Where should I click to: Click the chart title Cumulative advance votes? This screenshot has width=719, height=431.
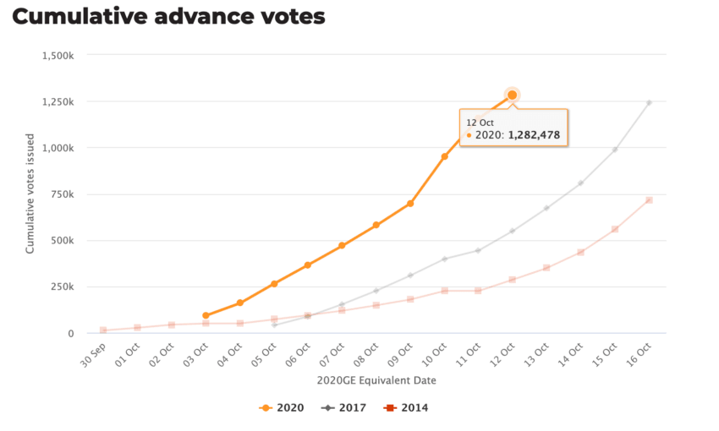coord(168,16)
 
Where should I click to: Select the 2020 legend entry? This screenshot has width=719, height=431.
coord(282,408)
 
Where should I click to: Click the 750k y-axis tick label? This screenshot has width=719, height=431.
coord(63,194)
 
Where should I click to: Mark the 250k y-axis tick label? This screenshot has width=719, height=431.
coord(63,287)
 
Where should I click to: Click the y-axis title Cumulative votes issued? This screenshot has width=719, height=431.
coord(30,194)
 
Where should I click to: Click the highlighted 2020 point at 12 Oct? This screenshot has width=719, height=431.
coord(513,95)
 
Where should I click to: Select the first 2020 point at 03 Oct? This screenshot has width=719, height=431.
coord(206,315)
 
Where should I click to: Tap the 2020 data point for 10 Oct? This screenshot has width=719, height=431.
coord(444,156)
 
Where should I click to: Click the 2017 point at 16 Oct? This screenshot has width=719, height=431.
coord(649,103)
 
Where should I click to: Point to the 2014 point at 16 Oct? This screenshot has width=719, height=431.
coord(649,200)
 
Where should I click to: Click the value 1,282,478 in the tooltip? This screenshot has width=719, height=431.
coord(534,135)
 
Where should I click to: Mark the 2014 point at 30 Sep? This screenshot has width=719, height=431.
coord(103,330)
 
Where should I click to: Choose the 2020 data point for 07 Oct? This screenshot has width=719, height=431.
coord(342,246)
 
